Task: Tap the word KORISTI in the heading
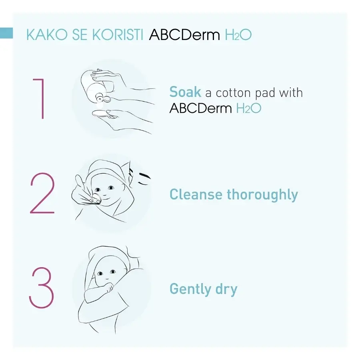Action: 118,35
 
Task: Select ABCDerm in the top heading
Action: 184,35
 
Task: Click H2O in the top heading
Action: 238,35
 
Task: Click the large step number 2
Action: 42,193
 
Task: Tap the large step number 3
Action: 41,287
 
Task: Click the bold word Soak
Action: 185,92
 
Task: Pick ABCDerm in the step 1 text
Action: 201,108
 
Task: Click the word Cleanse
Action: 196,194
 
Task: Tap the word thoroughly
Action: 262,195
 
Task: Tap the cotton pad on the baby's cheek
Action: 95,198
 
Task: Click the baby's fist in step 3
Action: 108,288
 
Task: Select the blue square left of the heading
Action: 6,33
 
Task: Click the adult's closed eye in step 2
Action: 143,183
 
